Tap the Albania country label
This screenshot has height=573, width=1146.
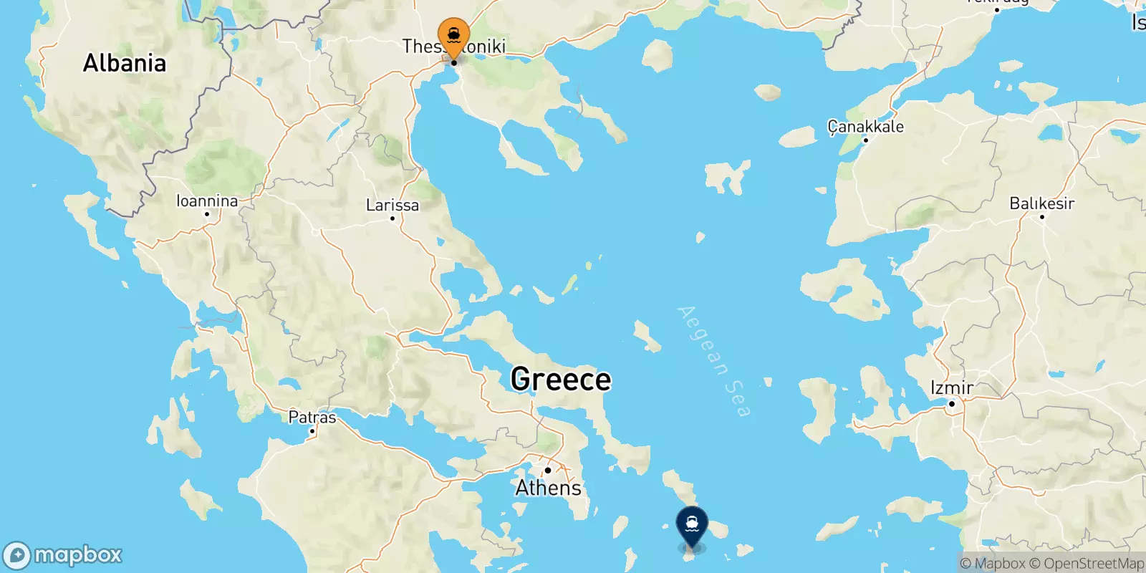[x=125, y=63]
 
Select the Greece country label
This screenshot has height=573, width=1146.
[x=561, y=379]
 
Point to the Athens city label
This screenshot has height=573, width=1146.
[x=549, y=488]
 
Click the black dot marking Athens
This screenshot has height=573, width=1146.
[x=548, y=471]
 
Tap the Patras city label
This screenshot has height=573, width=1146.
[x=312, y=417]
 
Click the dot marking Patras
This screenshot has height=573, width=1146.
[x=312, y=431]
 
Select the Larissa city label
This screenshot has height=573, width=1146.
[x=393, y=205]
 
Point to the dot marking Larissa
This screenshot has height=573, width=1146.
[x=393, y=218]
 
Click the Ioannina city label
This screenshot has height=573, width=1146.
[x=207, y=201]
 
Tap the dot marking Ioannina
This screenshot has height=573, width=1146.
[x=207, y=214]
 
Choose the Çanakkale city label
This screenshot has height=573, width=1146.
[x=866, y=127]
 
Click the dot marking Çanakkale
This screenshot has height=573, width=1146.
[x=866, y=140]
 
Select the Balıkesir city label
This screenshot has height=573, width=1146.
[x=1042, y=203]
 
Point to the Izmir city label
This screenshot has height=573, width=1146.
[x=952, y=387]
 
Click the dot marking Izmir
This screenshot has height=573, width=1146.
[x=952, y=404]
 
